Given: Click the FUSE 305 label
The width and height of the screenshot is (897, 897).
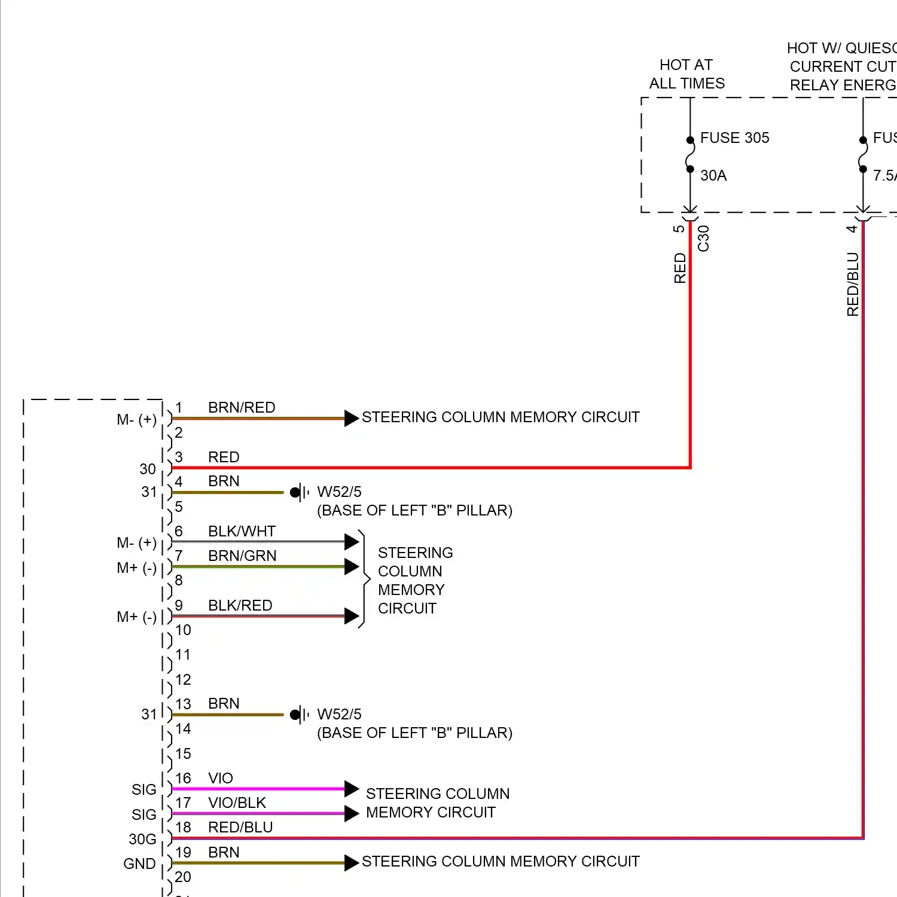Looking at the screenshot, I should pos(734,138).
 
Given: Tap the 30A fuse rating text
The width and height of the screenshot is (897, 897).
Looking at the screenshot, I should pos(713,176).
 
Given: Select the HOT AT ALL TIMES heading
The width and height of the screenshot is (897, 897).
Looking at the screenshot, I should pos(687,74).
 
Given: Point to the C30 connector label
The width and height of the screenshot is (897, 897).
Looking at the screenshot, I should pos(704,239).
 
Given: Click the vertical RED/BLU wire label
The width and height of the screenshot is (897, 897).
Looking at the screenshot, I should pos(853,284).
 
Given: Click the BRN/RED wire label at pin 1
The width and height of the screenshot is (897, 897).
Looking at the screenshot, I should pos(242,408).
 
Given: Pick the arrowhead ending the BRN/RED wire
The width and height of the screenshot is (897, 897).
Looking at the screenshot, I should pos(352,418).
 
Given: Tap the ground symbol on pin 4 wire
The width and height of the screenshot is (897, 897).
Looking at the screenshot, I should pos(300,493).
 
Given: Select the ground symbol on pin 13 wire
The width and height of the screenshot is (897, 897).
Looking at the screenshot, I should pos(300,715).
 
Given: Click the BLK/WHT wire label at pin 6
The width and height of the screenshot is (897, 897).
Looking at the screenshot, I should pos(242,532).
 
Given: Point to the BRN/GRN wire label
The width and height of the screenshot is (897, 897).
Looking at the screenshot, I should pos(242,556).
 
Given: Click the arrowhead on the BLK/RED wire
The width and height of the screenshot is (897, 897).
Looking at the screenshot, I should pos(352,616).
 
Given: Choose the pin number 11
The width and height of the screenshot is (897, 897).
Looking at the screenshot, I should pos(183,655).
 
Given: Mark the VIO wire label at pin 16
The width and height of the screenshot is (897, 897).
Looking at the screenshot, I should pos(221,779).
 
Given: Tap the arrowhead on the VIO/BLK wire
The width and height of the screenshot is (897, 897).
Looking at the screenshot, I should pos(352,813).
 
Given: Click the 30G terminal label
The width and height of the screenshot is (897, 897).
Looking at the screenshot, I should pos(142,840).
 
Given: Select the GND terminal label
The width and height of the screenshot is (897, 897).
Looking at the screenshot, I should pos(139,864).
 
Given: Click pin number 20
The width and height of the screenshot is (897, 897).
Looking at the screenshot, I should pos(183,877).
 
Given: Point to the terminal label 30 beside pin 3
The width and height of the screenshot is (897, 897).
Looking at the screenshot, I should pos(148,469).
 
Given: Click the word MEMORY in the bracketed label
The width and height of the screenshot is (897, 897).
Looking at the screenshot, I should pos(411,590).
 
